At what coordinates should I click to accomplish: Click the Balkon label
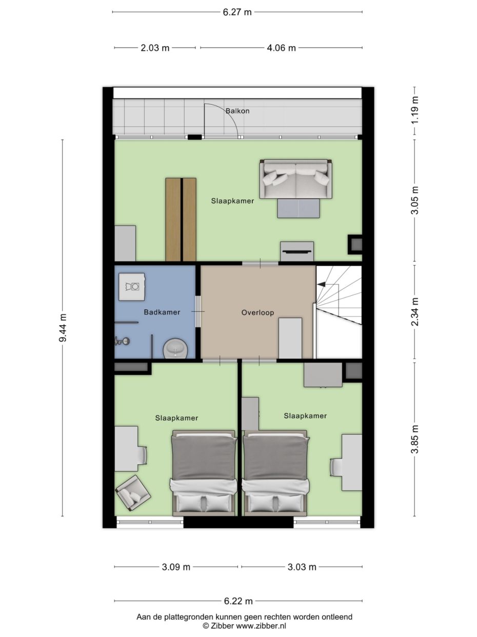point(237,110)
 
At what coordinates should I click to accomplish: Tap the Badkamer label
point(162,312)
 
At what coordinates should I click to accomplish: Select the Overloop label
point(257,312)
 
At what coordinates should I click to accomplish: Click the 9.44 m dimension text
point(63,328)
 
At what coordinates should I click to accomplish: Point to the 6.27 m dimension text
point(237,12)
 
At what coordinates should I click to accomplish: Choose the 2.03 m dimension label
point(155,48)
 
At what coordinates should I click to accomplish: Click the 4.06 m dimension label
point(281,48)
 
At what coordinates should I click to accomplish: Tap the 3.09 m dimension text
point(176,567)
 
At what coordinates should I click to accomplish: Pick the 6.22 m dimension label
point(238,601)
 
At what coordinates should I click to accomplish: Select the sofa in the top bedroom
point(295,178)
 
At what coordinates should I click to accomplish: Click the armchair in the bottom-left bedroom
point(133,493)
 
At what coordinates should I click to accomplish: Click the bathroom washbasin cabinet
point(132,287)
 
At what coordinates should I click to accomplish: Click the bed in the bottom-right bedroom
point(276,473)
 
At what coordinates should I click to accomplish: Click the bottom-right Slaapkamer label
point(305,416)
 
